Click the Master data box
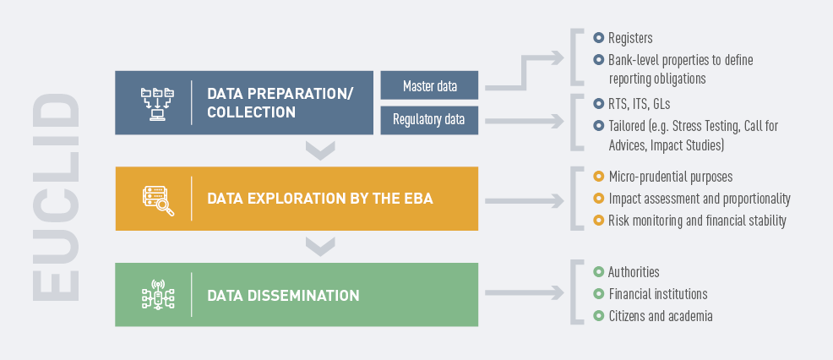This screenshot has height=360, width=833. pos(429,85)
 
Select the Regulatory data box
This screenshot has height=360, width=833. pos(429,120)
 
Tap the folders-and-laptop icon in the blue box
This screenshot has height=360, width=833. pos(158,104)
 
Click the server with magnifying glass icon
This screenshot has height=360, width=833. pos(158,200)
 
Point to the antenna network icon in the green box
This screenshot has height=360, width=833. pos(158,295)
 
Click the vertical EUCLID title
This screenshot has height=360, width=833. pos(56,198)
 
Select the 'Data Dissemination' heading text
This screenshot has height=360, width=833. pos(283,295)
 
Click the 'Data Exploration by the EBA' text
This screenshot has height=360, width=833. pos(320,199)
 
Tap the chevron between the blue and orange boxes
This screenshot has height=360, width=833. pos(320,150)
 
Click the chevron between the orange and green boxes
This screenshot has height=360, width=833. pos(320,247)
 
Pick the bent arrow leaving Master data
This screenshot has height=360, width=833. pos(525,73)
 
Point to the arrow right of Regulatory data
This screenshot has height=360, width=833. pos(525,121)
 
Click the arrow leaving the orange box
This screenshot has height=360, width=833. pos(525,201)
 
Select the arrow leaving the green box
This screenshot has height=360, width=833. pos(525,292)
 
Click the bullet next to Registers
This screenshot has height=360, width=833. pos(599,38)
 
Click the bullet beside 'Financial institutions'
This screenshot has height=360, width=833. pos(599,293)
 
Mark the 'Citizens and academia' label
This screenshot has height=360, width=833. pos(661,316)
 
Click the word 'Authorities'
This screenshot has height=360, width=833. pos(634,272)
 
